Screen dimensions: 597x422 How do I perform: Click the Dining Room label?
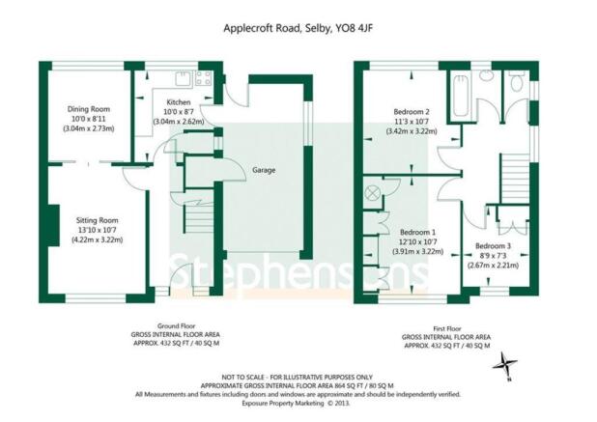click(89, 109)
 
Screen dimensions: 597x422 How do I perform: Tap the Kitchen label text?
click(179, 102)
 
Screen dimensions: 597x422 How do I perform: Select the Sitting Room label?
click(98, 220)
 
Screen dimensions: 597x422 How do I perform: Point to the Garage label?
click(264, 170)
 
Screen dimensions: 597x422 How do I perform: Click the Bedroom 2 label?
click(412, 112)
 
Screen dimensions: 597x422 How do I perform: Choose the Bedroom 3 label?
click(493, 246)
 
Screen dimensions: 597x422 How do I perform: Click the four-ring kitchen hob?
click(203, 78)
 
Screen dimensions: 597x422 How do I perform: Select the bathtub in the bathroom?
click(461, 97)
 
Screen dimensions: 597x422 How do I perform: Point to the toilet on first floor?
click(516, 81)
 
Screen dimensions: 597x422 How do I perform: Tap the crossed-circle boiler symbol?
click(372, 192)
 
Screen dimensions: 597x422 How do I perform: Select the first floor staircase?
click(515, 179)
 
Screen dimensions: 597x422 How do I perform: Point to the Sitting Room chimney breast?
click(54, 225)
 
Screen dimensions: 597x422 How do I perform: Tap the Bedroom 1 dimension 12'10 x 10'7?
click(417, 242)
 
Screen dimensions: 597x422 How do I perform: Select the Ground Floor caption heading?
click(176, 326)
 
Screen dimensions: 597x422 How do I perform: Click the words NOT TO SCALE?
click(242, 378)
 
